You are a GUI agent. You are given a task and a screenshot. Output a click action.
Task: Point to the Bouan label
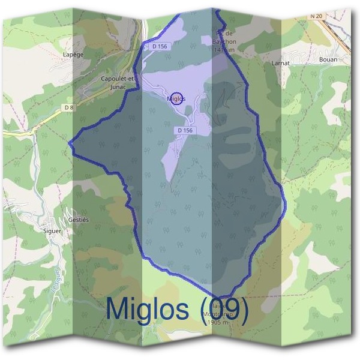[x=329, y=59]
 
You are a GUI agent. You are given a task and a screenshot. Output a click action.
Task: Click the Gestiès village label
[x=78, y=220]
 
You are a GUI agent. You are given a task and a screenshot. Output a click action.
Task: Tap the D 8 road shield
[x=69, y=108]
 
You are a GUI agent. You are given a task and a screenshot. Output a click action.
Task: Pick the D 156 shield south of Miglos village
[x=185, y=130]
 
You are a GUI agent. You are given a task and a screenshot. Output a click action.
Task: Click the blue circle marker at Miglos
[x=176, y=98]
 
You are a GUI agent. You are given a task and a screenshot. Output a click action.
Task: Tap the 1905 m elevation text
[x=217, y=323]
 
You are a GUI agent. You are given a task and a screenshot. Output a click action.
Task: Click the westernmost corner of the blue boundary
[x=70, y=143]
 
